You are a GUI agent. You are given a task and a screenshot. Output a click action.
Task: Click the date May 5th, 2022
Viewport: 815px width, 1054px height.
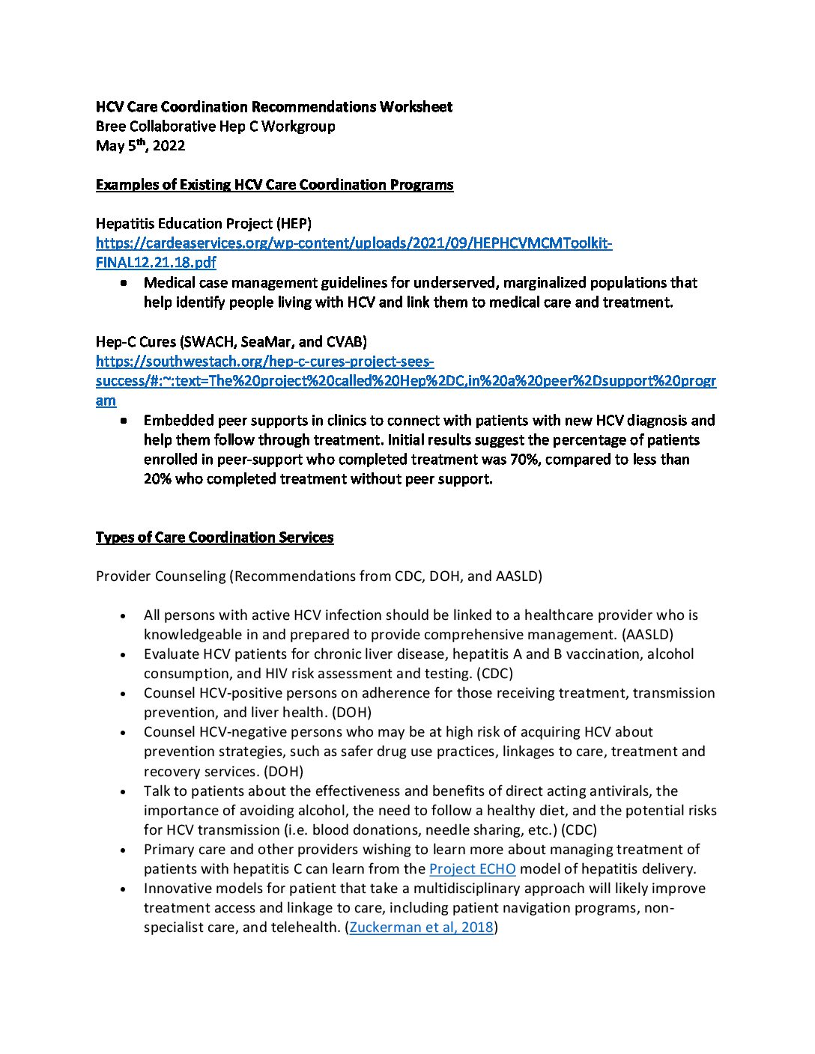click(140, 146)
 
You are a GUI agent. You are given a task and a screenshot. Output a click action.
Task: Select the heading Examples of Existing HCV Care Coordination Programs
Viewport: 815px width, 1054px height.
click(274, 185)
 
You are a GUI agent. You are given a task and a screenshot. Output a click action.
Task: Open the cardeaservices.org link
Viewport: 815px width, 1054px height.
click(354, 243)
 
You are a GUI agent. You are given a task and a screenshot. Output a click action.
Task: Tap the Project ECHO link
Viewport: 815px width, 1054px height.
click(472, 869)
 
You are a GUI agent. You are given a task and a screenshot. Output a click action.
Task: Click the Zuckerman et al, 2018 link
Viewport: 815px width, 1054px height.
click(421, 927)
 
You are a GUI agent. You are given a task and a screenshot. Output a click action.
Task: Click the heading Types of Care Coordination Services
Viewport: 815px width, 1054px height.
click(214, 537)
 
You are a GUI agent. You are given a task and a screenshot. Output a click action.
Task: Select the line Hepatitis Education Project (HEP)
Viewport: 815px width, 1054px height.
click(204, 224)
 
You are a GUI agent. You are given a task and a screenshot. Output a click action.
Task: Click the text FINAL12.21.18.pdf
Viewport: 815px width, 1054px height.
click(156, 263)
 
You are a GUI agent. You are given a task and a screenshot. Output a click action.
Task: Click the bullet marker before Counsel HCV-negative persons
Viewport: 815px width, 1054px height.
click(124, 732)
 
